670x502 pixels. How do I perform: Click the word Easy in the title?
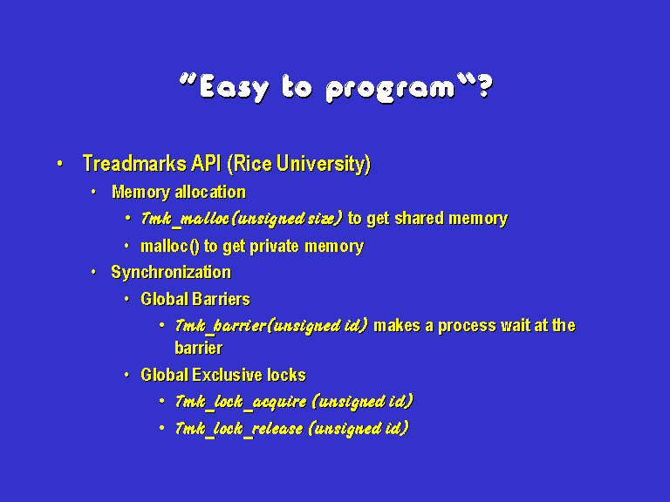[235, 88]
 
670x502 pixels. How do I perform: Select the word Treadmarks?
[134, 164]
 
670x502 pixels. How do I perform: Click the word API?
[206, 163]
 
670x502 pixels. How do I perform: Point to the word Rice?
[250, 165]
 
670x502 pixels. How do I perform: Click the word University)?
[324, 165]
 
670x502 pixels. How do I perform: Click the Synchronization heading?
[171, 272]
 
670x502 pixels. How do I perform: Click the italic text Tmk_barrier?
[221, 327]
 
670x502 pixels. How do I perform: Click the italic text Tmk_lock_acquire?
[241, 402]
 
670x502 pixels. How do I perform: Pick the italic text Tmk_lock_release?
[239, 429]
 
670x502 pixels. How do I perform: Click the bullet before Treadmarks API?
[60, 164]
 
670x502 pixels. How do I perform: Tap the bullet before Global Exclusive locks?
[126, 376]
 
